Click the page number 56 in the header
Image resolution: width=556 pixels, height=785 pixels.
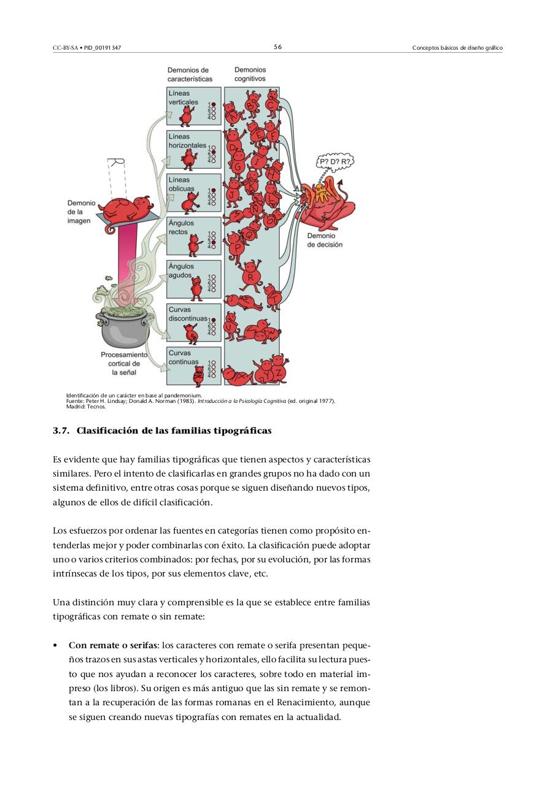click(277, 47)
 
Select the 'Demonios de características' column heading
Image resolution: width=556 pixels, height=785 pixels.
click(190, 75)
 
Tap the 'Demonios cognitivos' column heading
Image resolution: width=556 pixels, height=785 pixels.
click(250, 74)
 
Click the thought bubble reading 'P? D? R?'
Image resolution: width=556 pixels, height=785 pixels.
click(335, 163)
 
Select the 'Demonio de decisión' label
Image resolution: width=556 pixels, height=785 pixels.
click(325, 240)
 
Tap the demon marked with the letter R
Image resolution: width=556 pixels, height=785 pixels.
click(250, 275)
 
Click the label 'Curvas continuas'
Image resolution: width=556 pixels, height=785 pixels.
click(184, 358)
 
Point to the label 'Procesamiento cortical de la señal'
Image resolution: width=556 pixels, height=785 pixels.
click(124, 364)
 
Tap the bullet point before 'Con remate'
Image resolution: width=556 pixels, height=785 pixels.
click(56, 646)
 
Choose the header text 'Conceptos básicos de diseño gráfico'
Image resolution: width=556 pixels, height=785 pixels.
click(457, 48)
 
